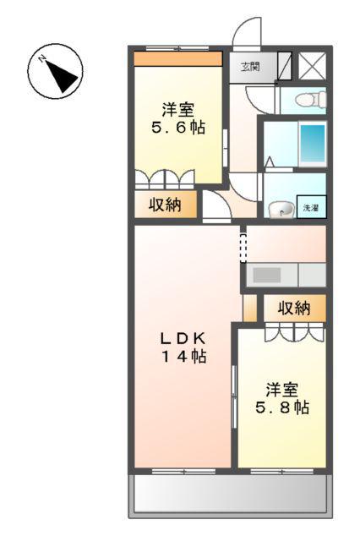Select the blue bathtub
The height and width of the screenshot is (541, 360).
tap(313, 144)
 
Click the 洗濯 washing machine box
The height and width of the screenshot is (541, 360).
tap(312, 207)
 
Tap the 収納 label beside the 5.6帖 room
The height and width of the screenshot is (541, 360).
tap(166, 205)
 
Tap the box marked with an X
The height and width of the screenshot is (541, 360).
tap(311, 66)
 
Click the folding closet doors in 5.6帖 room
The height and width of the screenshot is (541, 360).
tap(166, 179)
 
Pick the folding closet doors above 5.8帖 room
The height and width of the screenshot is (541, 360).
tap(292, 331)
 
